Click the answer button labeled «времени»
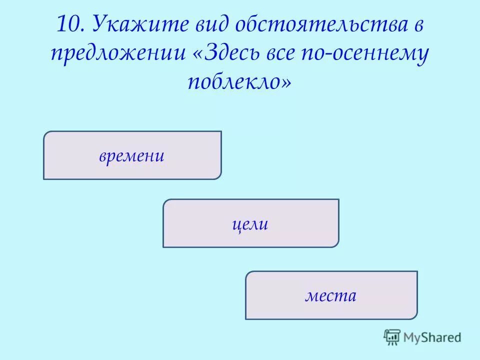pos(132,155)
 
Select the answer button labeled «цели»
pos(250,223)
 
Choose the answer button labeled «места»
pos(331,295)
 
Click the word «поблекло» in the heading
pos(233,81)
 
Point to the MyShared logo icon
pos(392,337)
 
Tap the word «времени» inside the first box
pos(132,156)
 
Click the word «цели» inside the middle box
pos(250,224)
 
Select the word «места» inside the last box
pos(331,295)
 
